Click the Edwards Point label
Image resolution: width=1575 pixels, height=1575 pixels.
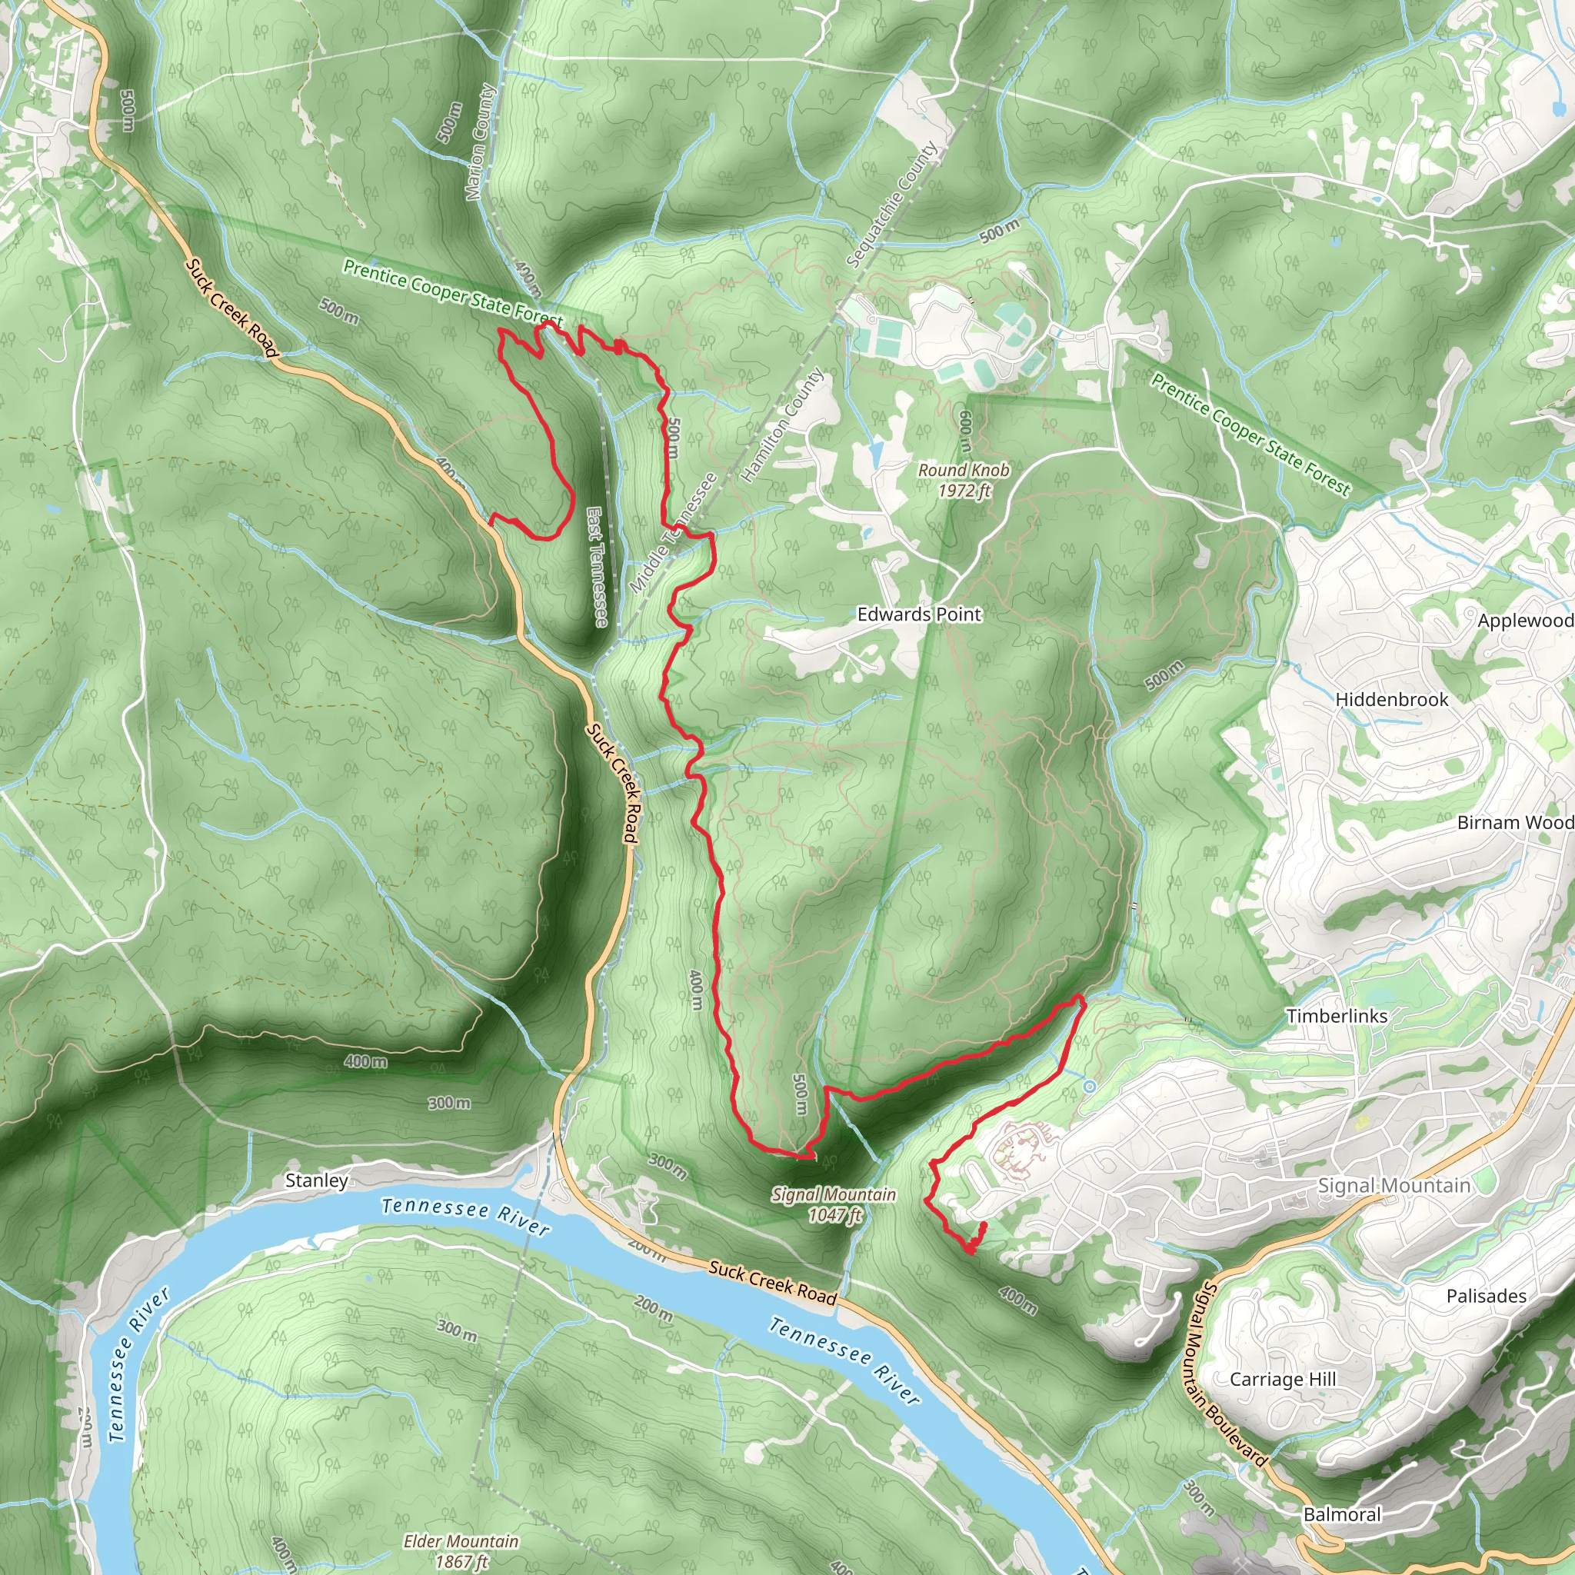pyautogui.click(x=919, y=614)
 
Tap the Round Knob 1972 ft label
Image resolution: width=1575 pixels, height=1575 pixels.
pyautogui.click(x=964, y=480)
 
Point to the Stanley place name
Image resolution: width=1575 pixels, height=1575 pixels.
pyautogui.click(x=316, y=1180)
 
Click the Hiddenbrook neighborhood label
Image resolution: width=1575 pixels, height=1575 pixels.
pyautogui.click(x=1391, y=700)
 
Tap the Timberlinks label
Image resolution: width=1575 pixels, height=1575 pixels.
pyautogui.click(x=1337, y=1016)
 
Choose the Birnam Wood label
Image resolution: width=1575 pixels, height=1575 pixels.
pyautogui.click(x=1515, y=823)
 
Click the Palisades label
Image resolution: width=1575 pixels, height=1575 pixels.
pyautogui.click(x=1486, y=1296)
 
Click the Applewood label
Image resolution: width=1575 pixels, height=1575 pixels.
pyautogui.click(x=1524, y=621)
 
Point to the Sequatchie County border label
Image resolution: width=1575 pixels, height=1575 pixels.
pyautogui.click(x=892, y=205)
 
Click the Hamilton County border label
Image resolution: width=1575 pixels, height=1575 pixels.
pyautogui.click(x=782, y=425)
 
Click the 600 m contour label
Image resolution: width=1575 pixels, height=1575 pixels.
pyautogui.click(x=965, y=431)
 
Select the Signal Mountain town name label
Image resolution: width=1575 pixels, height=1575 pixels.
pyautogui.click(x=1394, y=1186)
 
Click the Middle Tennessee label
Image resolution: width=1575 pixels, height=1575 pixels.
pyautogui.click(x=674, y=533)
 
